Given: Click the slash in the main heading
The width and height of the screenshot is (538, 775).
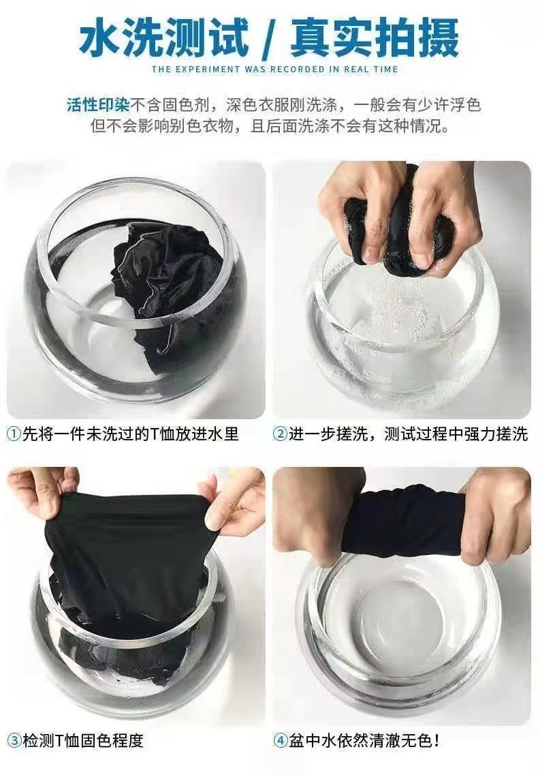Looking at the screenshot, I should (x=270, y=39).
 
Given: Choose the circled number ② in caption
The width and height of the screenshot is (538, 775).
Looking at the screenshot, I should (x=280, y=434).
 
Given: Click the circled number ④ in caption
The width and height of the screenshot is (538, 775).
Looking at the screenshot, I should (x=280, y=740).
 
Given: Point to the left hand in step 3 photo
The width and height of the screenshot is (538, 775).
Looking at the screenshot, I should (x=41, y=491).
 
